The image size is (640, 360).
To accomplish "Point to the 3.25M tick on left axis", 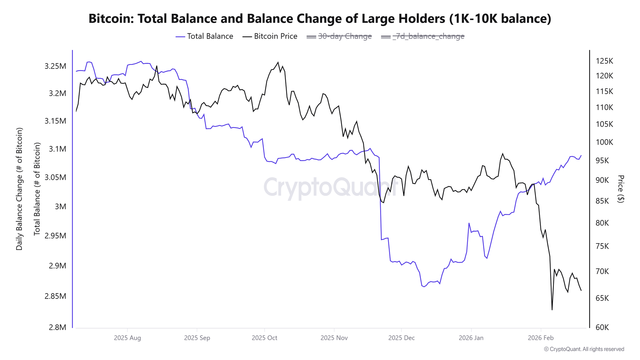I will (x=55, y=66).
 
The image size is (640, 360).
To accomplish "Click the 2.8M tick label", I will (x=58, y=327).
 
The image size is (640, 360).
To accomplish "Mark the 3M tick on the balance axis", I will (x=60, y=206).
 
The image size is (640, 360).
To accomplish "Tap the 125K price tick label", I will (x=604, y=61).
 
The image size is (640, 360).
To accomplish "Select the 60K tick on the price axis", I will (x=602, y=327).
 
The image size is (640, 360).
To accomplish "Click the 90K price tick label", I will (x=602, y=180).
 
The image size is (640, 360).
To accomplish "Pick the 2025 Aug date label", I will (x=127, y=338).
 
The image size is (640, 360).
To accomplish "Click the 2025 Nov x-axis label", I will (x=334, y=338).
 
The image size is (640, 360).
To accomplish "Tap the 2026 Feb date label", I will (x=540, y=338).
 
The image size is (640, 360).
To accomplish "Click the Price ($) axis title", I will (x=620, y=189).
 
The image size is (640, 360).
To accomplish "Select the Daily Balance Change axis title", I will (x=19, y=189).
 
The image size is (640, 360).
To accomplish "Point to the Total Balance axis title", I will (x=37, y=189).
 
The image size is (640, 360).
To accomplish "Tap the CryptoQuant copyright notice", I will (x=584, y=349).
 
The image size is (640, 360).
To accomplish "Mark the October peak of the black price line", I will (x=278, y=62).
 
